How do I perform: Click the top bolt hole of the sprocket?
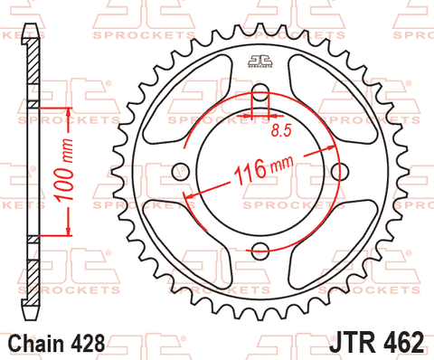260,93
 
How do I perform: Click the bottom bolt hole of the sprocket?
260,249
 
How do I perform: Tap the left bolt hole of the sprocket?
181,172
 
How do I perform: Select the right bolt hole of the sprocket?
340,172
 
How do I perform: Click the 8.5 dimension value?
282,130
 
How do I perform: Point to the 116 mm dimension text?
263,169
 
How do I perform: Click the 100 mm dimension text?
64,170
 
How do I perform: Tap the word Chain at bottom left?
36,344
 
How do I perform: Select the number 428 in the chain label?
88,344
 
